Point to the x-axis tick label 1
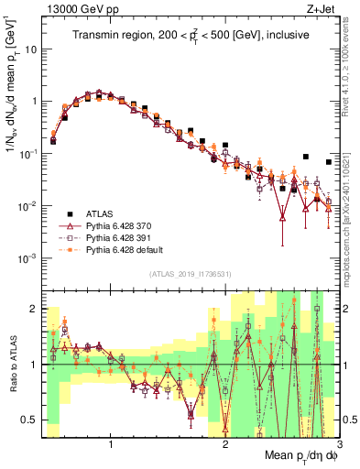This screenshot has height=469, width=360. (111, 445)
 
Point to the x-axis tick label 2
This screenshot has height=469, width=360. (225, 445)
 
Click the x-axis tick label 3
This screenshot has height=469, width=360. (339, 445)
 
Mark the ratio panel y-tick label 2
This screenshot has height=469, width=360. (34, 309)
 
